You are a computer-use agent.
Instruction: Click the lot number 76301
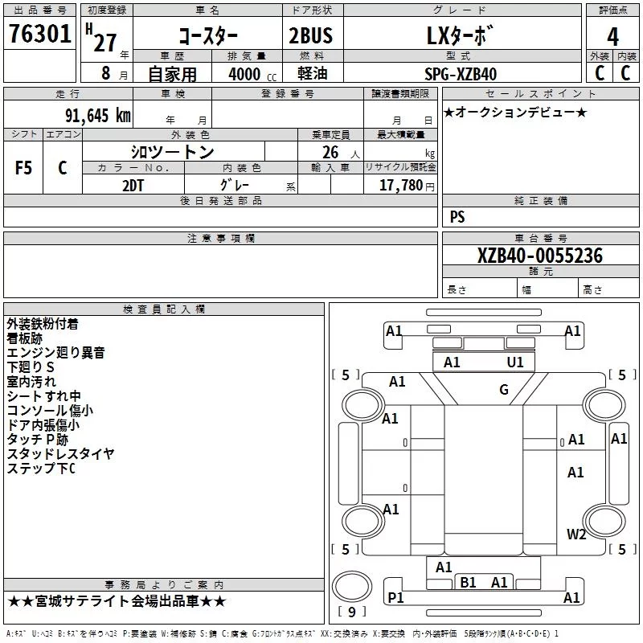point(39,34)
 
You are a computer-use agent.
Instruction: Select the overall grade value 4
point(612,37)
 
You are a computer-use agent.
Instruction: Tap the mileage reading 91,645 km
point(98,116)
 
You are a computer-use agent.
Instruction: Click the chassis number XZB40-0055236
point(540,256)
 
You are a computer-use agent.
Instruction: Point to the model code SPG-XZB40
point(461,74)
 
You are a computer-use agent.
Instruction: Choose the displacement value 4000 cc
point(252,74)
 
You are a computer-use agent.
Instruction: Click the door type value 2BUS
point(310,35)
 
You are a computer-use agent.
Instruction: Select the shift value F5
point(23,168)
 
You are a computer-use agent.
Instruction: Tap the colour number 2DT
point(133,186)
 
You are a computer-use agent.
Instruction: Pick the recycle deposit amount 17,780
point(401,186)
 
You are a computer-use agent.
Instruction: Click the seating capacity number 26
point(330,153)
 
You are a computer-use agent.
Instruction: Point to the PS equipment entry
point(457,216)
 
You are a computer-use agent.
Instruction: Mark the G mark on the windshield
point(504,389)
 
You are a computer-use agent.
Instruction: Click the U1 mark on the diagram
point(515,362)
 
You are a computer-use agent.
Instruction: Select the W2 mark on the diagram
point(576,534)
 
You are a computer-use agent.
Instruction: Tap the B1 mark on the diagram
point(468,582)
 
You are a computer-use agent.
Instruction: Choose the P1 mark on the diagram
point(395,597)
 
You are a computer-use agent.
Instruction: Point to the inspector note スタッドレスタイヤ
point(60,453)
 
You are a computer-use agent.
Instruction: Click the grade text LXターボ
point(459,35)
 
